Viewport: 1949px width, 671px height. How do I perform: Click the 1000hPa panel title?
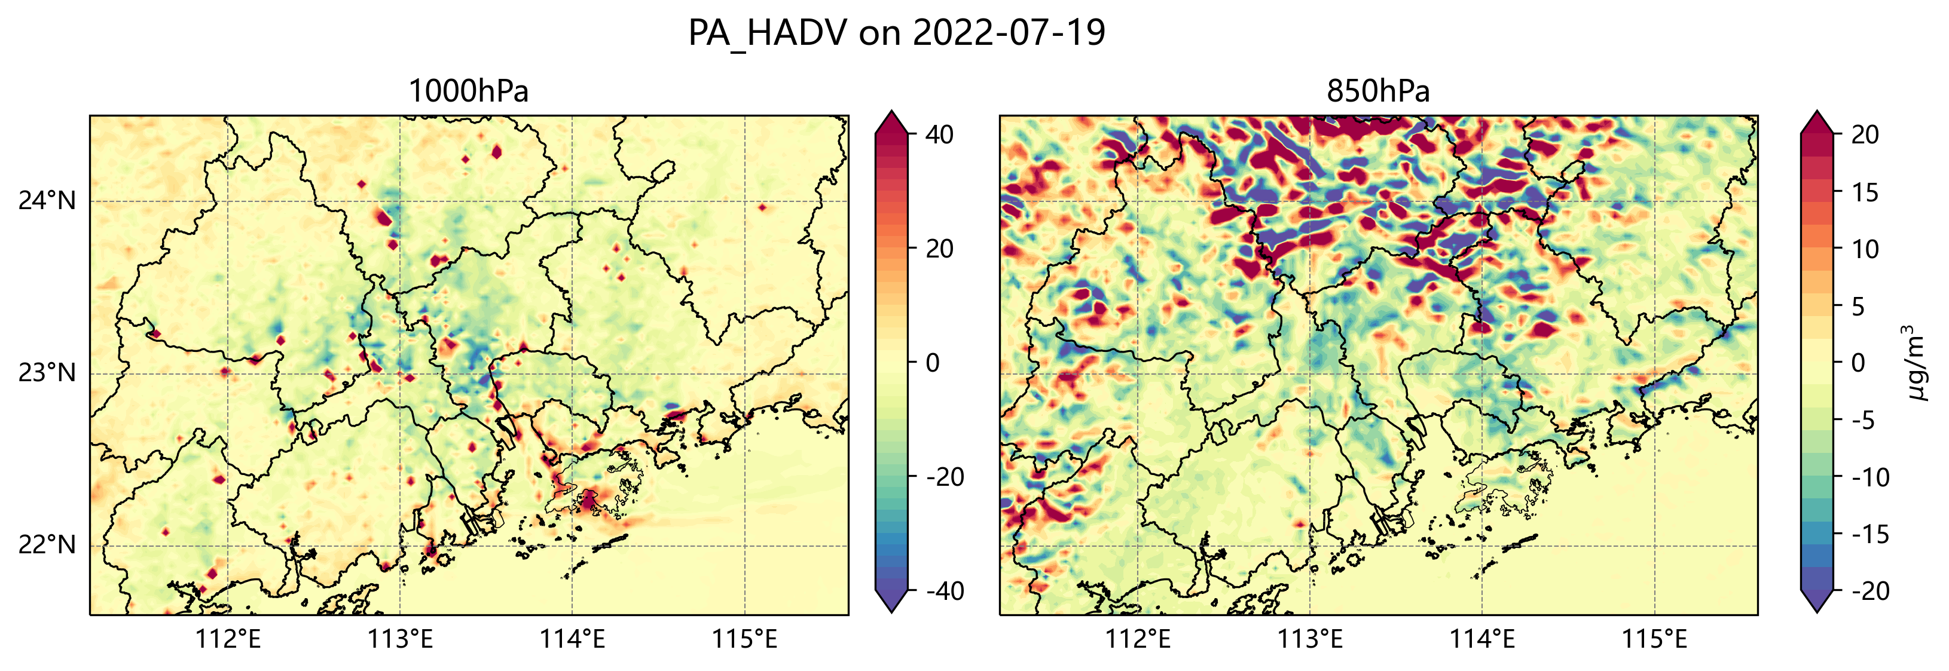tap(468, 91)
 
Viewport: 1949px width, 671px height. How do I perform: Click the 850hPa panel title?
tap(1378, 91)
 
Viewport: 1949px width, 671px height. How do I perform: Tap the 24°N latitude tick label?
tap(47, 201)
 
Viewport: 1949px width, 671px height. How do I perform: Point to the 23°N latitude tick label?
tap(47, 373)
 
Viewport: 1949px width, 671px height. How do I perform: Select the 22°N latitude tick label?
tap(47, 546)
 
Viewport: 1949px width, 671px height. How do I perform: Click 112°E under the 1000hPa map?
tap(228, 640)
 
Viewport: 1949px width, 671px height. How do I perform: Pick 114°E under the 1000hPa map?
tap(572, 640)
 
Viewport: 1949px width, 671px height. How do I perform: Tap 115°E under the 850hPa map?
tap(1654, 640)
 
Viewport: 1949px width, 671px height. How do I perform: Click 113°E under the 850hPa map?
tap(1310, 640)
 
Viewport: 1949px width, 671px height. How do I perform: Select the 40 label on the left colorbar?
tap(940, 136)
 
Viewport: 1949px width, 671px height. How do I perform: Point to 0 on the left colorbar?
tap(933, 363)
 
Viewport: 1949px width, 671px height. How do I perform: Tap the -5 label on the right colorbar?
tap(1864, 421)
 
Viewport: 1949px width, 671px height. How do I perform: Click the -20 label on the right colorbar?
tap(1870, 591)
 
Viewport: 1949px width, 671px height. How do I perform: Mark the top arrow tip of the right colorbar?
tap(1817, 112)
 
